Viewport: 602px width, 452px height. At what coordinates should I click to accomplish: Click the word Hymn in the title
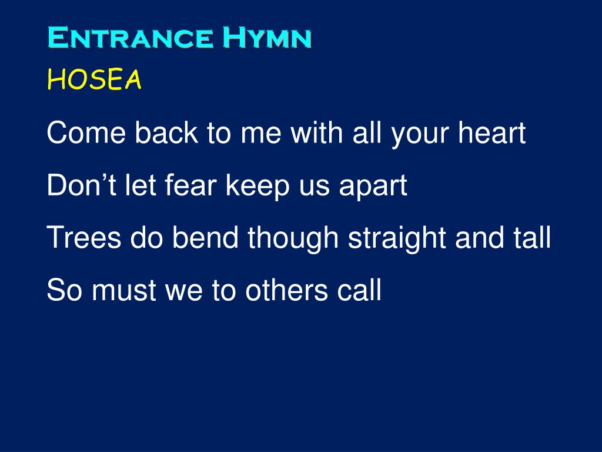267,39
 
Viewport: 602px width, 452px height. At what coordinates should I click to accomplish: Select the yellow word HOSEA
94,80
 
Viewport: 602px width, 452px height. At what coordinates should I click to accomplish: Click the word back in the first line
166,134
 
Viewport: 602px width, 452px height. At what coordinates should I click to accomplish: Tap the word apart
373,187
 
